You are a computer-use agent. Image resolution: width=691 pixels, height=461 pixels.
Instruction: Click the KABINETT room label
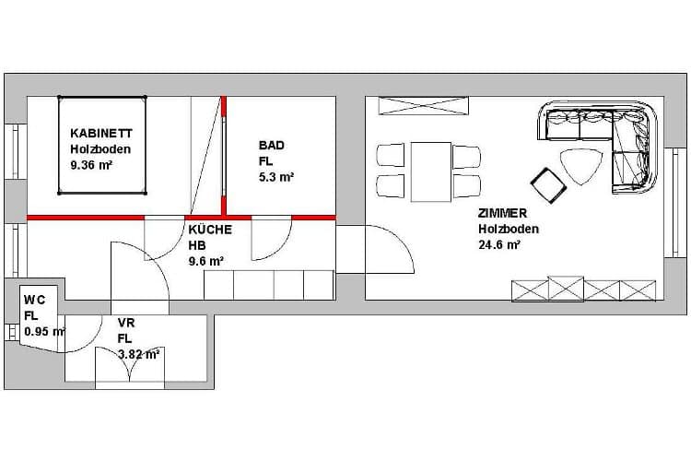coord(101,133)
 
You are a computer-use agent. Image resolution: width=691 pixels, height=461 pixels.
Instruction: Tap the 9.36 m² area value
coord(91,165)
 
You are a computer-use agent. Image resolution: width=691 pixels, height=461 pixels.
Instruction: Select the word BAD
coord(272,145)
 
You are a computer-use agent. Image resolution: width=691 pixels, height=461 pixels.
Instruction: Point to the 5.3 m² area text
coord(276,177)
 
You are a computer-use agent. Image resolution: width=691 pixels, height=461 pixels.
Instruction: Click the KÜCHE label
coord(210,230)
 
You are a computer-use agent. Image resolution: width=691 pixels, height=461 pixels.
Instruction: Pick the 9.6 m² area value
coord(206,261)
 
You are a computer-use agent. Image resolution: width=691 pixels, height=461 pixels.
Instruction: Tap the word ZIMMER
coord(502,213)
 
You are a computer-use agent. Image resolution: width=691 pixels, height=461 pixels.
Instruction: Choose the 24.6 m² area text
coord(499,245)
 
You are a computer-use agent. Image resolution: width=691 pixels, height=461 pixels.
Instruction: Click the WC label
coord(34,300)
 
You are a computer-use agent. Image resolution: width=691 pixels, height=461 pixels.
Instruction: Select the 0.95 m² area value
coord(44,331)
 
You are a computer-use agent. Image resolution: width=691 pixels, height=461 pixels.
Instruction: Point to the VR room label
coord(126,323)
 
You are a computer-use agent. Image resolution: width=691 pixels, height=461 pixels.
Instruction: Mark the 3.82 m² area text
coord(139,354)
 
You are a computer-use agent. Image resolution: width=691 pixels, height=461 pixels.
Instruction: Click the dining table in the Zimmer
coord(431,171)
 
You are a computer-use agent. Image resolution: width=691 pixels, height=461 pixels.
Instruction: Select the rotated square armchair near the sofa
coord(549,185)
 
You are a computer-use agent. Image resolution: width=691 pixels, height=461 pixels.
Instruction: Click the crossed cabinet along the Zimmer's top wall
coord(424,106)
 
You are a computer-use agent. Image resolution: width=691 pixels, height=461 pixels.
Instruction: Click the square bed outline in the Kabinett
coord(102,145)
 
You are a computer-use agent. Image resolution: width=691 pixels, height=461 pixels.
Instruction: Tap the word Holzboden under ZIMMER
coord(509,229)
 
